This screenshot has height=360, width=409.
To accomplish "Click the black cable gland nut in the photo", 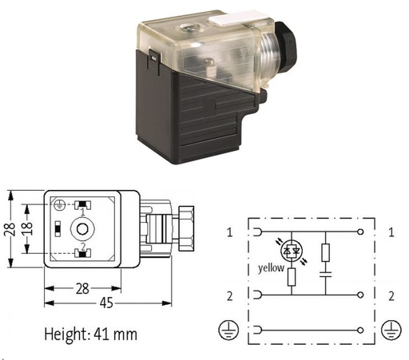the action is [285, 43].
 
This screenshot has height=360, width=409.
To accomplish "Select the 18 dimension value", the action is [26, 228].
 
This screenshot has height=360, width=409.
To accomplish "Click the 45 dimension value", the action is [106, 303].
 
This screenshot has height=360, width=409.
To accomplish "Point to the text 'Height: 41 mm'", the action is [91, 334].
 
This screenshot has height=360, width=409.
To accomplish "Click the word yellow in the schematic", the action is [271, 268].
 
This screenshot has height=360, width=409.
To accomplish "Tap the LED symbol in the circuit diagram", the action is [292, 250].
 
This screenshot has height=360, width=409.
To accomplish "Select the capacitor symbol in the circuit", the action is [325, 275].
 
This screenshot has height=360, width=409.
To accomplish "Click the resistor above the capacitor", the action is [325, 252].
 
